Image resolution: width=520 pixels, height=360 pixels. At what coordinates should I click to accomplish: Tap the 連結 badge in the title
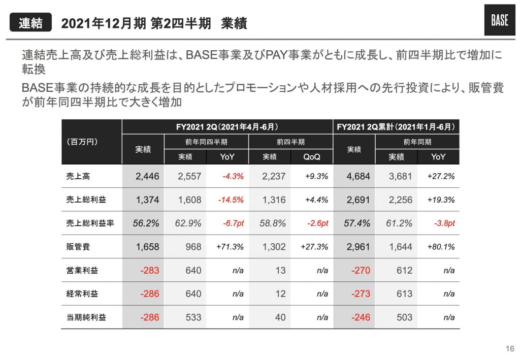point(31,23)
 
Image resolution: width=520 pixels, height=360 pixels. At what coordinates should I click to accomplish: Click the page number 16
point(510,349)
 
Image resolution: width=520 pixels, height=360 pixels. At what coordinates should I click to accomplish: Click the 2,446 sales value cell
point(147,177)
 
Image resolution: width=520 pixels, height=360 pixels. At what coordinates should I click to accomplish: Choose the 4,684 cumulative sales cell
point(358,177)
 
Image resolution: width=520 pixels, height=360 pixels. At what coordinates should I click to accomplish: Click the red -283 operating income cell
point(149,271)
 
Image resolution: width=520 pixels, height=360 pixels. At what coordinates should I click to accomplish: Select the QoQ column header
point(311,157)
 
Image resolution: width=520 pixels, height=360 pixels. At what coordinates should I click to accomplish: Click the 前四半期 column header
point(290,142)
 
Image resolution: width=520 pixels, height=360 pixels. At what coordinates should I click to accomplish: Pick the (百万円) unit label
point(82,142)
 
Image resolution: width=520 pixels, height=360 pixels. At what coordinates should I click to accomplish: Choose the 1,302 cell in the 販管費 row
point(274,247)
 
